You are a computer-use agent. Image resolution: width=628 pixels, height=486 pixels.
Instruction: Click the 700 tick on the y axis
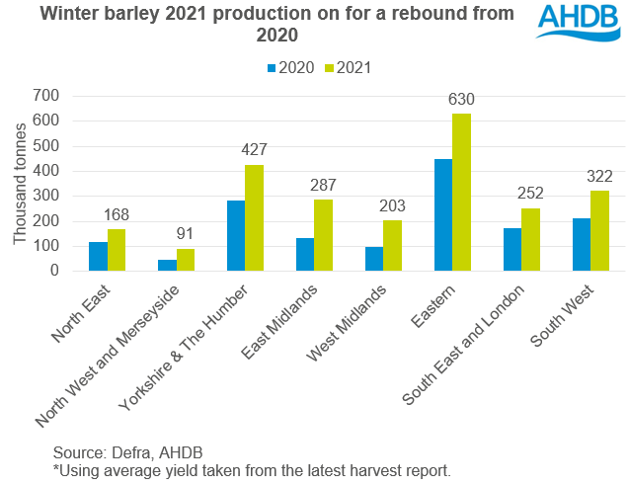click(x=43, y=96)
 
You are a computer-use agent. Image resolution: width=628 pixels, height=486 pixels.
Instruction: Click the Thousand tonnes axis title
click(x=19, y=184)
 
